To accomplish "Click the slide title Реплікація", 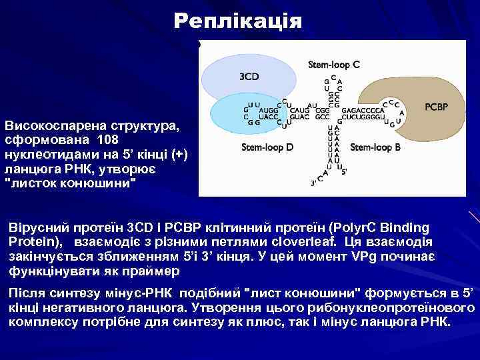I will coord(237,21).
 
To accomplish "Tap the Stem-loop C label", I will coord(334,65).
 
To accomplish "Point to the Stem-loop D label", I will coord(267,147).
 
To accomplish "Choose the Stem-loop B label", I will coord(375,147).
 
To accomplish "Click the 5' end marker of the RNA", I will coord(343,171).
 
